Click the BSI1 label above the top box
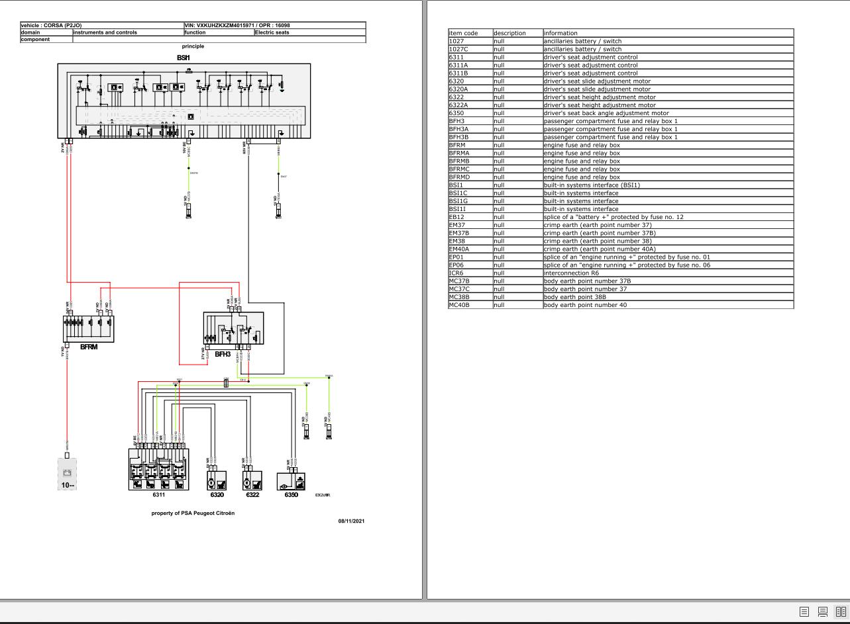[184, 58]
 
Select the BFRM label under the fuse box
[89, 347]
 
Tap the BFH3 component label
[223, 354]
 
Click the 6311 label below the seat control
[158, 494]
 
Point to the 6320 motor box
[217, 480]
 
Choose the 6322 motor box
[252, 480]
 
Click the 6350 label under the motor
[291, 495]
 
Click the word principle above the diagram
[193, 46]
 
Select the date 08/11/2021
[351, 521]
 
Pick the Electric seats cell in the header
[274, 32]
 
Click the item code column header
[463, 33]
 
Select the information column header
[560, 33]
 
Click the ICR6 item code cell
[456, 273]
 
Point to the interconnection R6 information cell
[571, 273]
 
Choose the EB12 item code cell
[456, 217]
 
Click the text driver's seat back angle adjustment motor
[606, 113]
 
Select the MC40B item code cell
[458, 305]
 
